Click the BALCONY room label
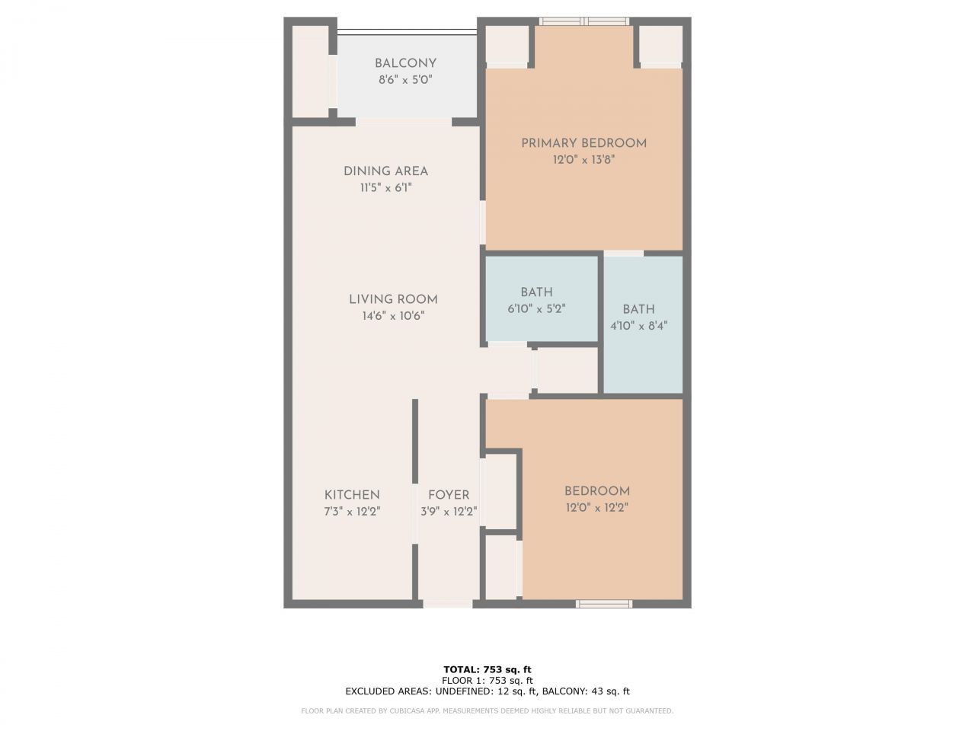405,63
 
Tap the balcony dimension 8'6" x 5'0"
405,80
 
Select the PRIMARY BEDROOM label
583,143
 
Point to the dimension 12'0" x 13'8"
583,160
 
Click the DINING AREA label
385,171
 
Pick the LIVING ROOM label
393,299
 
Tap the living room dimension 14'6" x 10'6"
393,316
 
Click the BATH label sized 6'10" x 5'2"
536,292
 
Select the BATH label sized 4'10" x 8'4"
638,309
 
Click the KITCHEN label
352,495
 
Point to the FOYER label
449,495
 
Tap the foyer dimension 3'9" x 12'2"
449,512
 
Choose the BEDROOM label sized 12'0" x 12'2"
596,491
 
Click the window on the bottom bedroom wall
604,604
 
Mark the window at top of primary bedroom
584,21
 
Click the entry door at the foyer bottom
447,604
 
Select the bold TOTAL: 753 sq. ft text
487,669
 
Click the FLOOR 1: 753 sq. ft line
487,680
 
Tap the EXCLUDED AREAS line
487,691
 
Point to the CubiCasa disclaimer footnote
487,711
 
